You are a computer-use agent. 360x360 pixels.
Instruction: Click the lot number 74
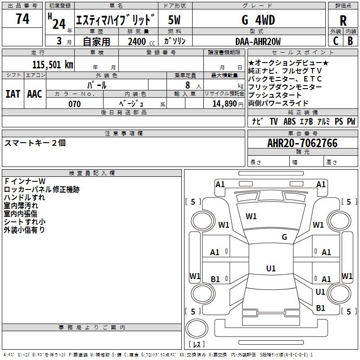pyautogui.click(x=22, y=18)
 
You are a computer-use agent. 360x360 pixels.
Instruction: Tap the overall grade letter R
pyautogui.click(x=343, y=21)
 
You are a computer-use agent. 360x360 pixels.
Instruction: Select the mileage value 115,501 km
pyautogui.click(x=53, y=64)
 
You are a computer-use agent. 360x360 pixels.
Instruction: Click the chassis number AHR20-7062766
pyautogui.click(x=302, y=143)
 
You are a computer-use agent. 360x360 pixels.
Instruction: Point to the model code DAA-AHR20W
pyautogui.click(x=258, y=41)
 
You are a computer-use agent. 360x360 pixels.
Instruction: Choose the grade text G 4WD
pyautogui.click(x=258, y=20)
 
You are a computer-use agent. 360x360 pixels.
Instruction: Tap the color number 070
pyautogui.click(x=75, y=104)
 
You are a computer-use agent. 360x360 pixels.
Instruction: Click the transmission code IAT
pyautogui.click(x=13, y=94)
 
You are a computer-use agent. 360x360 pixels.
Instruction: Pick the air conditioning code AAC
pyautogui.click(x=35, y=94)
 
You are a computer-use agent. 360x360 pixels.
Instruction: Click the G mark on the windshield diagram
pyautogui.click(x=284, y=237)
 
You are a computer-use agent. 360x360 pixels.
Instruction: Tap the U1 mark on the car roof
pyautogui.click(x=271, y=268)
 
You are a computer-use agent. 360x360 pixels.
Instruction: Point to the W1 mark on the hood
pyautogui.click(x=251, y=216)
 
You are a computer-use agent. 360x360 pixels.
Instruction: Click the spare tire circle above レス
pyautogui.click(x=197, y=328)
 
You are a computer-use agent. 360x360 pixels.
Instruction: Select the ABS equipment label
pyautogui.click(x=289, y=121)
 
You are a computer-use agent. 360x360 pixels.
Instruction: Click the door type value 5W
pyautogui.click(x=174, y=20)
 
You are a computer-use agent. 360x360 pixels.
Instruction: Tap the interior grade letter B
pyautogui.click(x=350, y=41)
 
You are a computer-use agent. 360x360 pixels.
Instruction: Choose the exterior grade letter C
pyautogui.click(x=335, y=41)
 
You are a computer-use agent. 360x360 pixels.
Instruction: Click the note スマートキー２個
pyautogui.click(x=35, y=143)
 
